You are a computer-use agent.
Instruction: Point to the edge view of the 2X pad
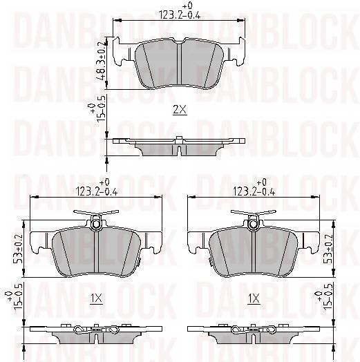[x=179, y=147]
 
